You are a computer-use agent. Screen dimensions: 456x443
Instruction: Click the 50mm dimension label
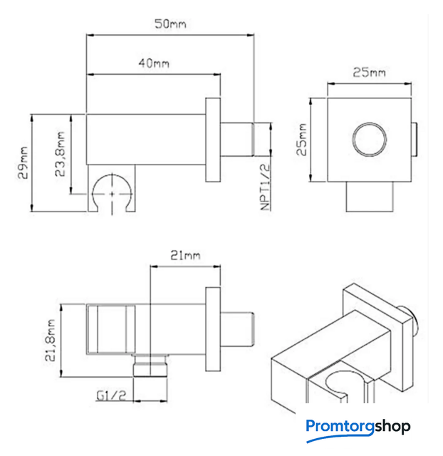[170, 24]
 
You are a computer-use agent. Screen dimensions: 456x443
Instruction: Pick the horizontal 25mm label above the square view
[370, 73]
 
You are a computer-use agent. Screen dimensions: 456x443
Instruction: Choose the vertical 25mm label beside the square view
[303, 138]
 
